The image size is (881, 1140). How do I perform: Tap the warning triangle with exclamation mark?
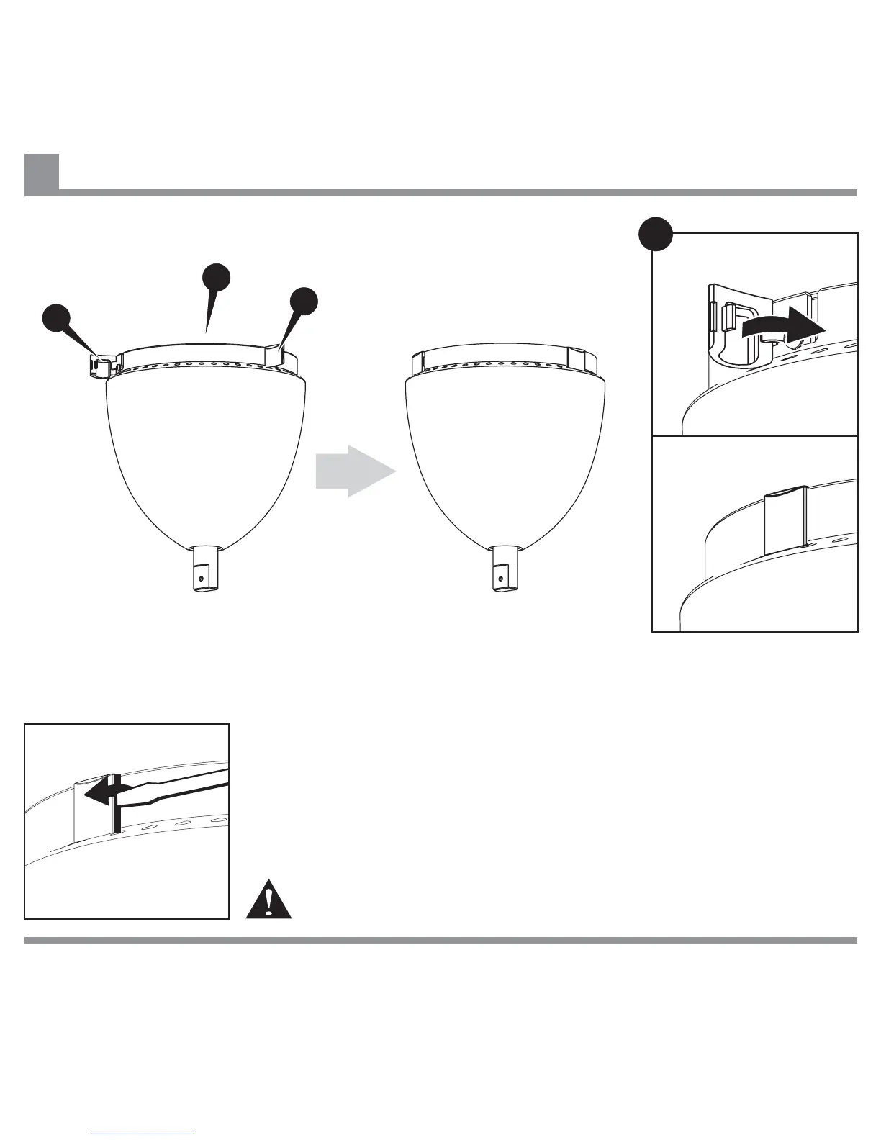(x=268, y=900)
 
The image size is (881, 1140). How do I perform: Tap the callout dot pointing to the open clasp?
(x=57, y=318)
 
